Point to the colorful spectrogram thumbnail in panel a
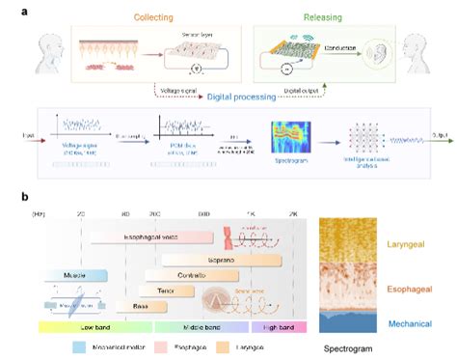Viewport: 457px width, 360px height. (x=288, y=141)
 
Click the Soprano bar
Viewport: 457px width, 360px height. (x=221, y=260)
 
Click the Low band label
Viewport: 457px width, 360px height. (x=95, y=327)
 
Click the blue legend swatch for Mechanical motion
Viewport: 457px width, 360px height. (x=81, y=345)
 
